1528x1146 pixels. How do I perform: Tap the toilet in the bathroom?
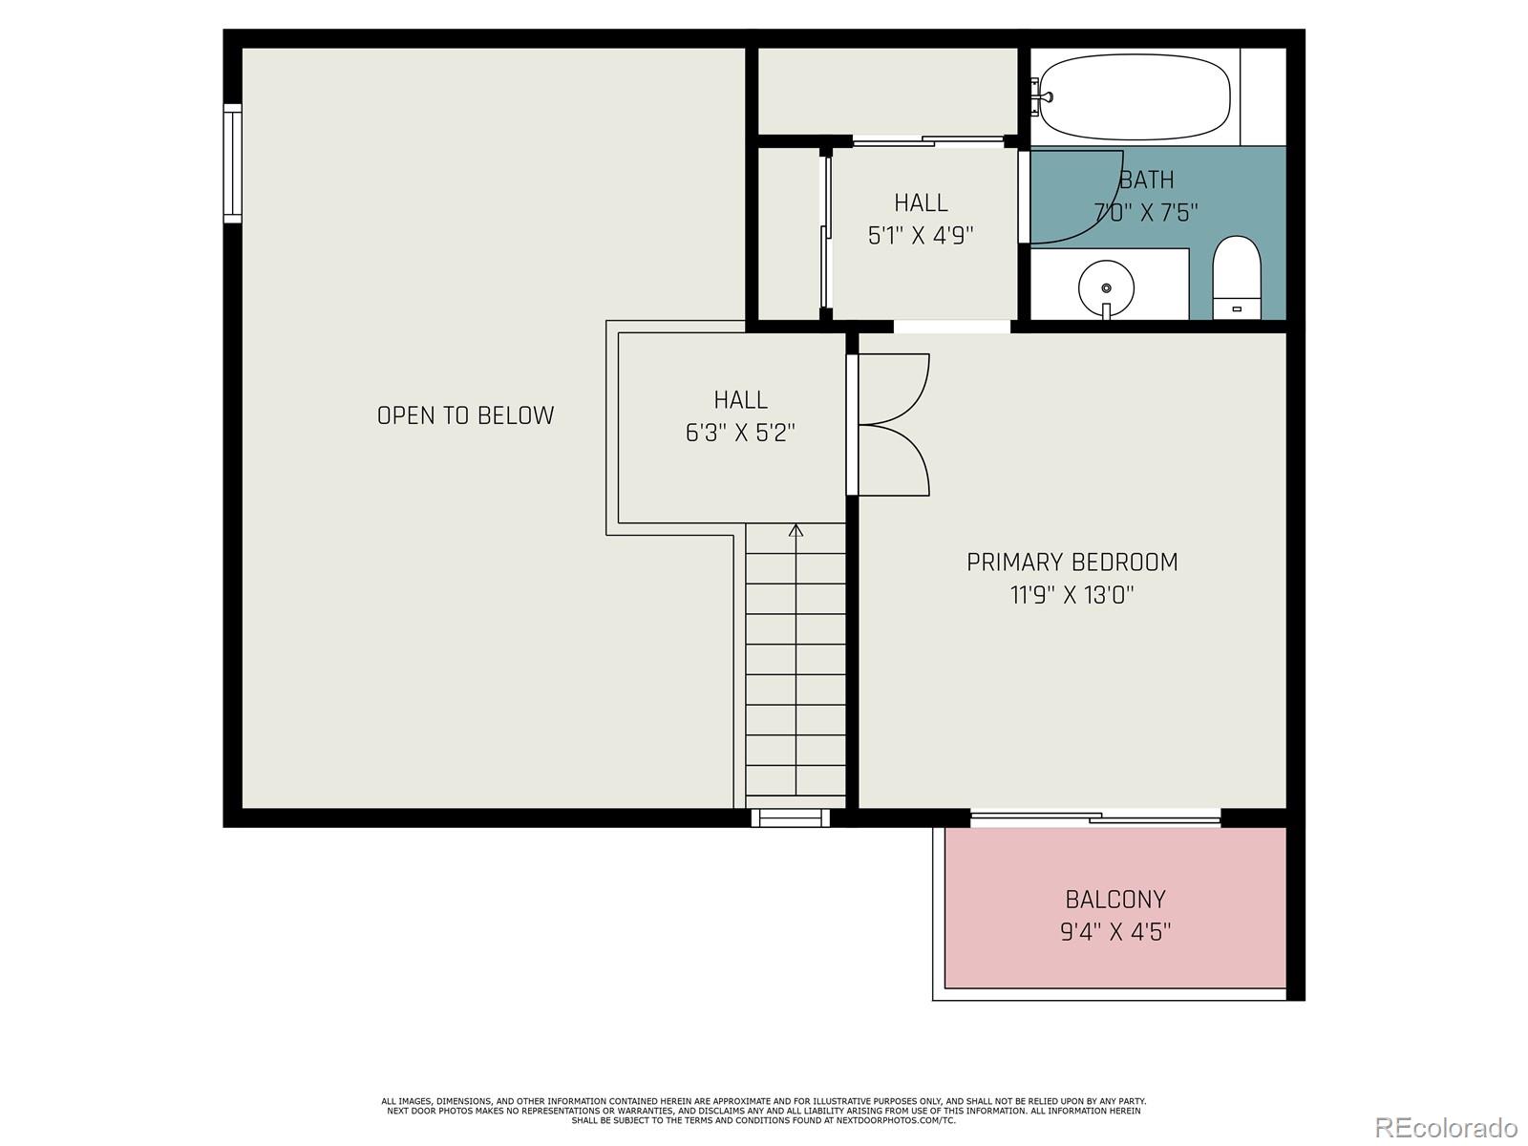(x=1237, y=277)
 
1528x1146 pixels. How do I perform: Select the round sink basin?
(x=1106, y=286)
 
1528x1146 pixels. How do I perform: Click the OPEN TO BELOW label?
(x=465, y=415)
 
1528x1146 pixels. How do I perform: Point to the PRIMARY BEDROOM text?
(x=1072, y=562)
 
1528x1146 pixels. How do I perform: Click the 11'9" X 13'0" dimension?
(x=1072, y=596)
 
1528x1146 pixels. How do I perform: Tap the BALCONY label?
(x=1115, y=900)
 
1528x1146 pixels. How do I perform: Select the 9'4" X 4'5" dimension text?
(x=1115, y=932)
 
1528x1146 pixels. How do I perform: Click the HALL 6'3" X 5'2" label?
(x=740, y=416)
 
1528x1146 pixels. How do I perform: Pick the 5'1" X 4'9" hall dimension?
(x=921, y=235)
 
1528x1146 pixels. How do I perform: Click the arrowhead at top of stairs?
(x=796, y=530)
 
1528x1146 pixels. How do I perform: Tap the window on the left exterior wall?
(x=232, y=163)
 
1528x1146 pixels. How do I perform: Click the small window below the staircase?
(x=790, y=817)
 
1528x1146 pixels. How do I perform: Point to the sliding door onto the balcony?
(x=1095, y=817)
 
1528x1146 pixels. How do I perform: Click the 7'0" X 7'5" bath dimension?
(x=1145, y=212)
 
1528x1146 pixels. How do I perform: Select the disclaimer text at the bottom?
(x=763, y=1111)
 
